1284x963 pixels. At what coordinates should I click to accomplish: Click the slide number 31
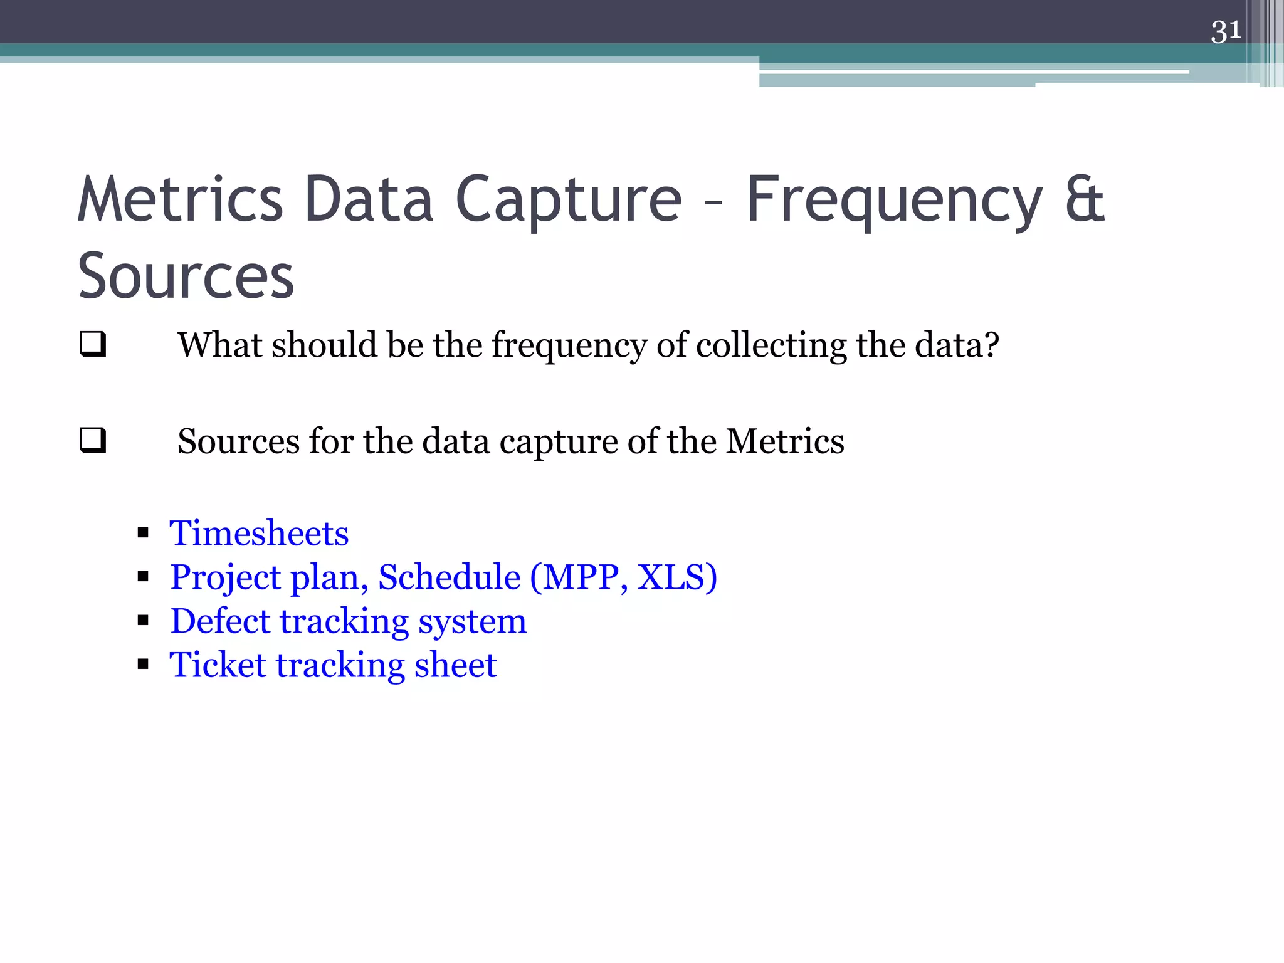(1225, 31)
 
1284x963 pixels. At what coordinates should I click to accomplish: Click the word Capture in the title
(568, 201)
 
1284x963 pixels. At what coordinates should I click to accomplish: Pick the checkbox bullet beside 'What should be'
(93, 345)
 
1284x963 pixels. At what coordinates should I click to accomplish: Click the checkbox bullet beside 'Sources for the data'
(93, 441)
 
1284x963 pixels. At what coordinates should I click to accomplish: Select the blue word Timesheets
(259, 534)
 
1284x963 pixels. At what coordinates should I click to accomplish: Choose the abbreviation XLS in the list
(671, 577)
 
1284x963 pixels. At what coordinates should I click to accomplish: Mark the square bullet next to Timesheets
(143, 534)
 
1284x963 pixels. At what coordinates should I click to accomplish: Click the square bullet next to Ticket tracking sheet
(143, 665)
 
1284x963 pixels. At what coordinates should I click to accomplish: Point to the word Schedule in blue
(449, 577)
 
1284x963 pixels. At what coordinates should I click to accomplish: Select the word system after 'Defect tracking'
(472, 623)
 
